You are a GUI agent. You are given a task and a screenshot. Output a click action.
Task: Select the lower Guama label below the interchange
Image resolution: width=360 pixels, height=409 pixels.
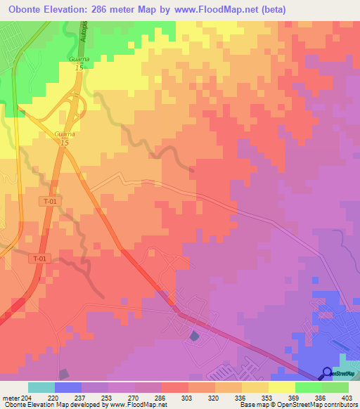tap(64, 134)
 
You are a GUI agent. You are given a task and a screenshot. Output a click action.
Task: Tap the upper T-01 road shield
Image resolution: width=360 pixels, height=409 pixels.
tap(49, 201)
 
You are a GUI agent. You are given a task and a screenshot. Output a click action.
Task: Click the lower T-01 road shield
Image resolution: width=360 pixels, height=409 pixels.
tap(41, 259)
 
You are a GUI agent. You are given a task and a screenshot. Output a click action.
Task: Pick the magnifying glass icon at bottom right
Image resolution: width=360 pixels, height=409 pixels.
tap(328, 372)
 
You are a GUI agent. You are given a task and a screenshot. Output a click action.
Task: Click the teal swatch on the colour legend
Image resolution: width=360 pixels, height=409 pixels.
tap(41, 387)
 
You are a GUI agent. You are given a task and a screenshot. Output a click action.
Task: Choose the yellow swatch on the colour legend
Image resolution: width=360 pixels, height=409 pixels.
tap(282, 387)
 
